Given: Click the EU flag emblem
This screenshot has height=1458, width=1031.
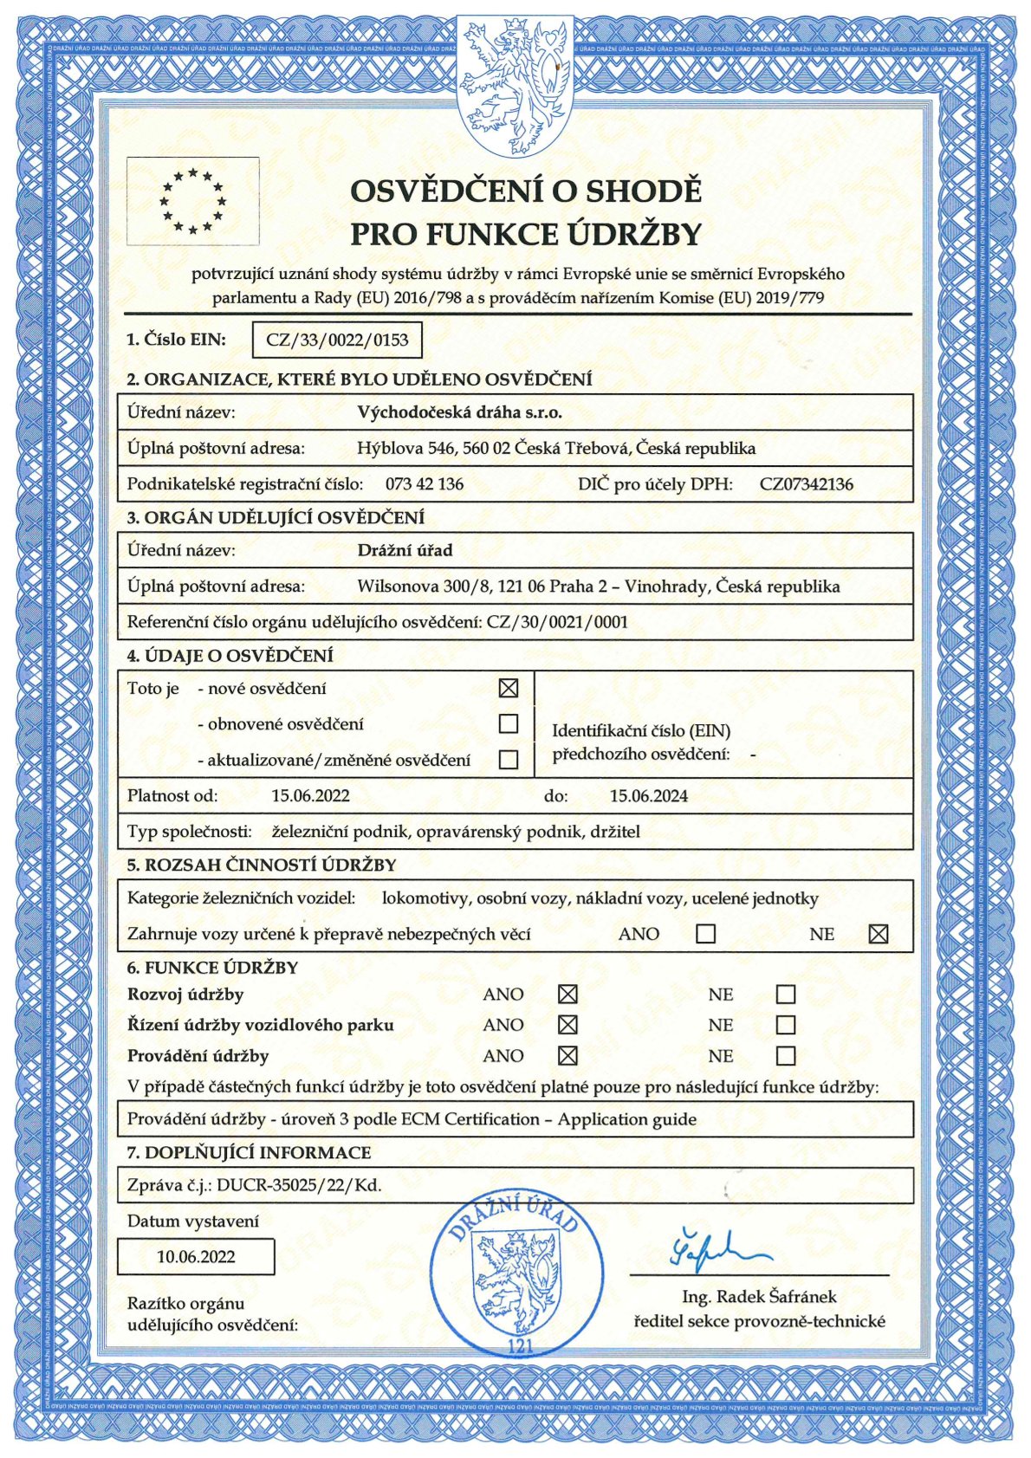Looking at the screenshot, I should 192,201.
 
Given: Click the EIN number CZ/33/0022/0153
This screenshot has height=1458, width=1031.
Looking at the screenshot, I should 337,340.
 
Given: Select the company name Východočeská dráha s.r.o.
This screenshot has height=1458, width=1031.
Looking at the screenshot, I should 459,413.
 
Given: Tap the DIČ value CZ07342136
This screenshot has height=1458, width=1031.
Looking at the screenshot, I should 806,484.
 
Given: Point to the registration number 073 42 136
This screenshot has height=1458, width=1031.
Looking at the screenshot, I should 425,484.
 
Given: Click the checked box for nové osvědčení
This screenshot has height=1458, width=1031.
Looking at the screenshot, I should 509,689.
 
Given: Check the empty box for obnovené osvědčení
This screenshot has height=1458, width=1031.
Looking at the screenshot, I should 509,723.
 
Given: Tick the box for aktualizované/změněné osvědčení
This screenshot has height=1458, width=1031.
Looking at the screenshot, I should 509,760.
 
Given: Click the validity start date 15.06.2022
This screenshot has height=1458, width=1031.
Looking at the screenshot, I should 310,796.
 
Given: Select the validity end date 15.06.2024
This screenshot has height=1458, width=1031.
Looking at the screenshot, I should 649,796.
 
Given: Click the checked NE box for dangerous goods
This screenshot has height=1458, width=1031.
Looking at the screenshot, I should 878,934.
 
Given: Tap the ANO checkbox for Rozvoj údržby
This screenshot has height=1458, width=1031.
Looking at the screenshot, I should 567,995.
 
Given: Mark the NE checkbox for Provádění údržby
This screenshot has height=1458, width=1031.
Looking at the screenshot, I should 786,1056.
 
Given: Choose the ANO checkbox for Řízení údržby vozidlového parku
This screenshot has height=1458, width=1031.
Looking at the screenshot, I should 567,1025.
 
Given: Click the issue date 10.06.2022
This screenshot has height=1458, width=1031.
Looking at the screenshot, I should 196,1257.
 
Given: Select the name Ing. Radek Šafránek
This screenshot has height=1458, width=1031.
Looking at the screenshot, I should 759,1297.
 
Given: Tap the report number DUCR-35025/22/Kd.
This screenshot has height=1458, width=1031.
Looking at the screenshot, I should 299,1185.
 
